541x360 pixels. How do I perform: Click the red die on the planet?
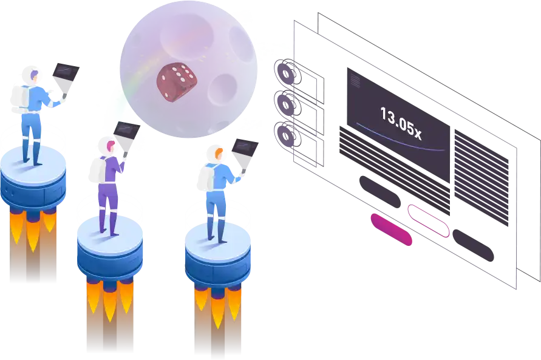[x=177, y=81]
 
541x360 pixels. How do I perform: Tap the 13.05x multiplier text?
[x=401, y=122]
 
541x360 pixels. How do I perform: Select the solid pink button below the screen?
[x=390, y=228]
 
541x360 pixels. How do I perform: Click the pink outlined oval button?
[x=429, y=220]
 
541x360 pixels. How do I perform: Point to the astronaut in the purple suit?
[x=109, y=185]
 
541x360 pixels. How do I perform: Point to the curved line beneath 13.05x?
[x=401, y=140]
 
